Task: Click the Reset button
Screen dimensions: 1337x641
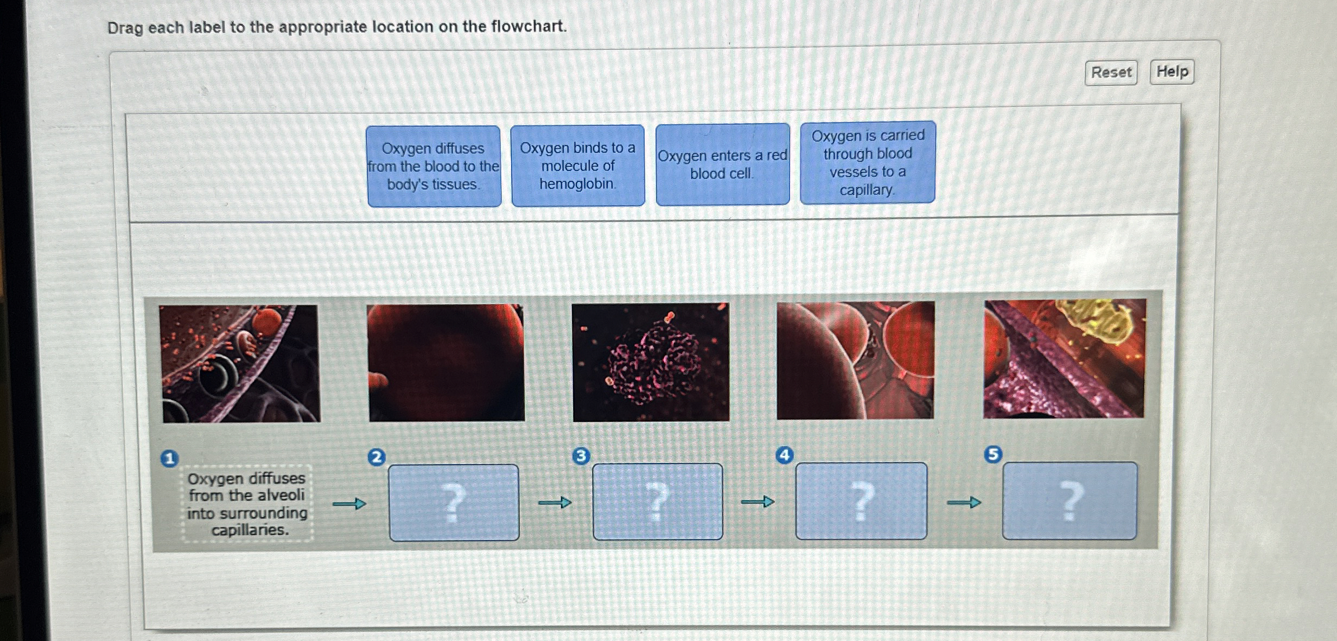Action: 1111,73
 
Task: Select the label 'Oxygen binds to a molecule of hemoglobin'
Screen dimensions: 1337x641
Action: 578,166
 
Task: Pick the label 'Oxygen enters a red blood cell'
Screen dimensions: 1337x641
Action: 722,164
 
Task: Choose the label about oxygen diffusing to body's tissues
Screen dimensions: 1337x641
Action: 434,166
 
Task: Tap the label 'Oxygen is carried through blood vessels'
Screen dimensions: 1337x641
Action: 867,162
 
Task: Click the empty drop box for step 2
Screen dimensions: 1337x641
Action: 454,502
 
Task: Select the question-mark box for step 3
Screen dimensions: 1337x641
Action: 657,502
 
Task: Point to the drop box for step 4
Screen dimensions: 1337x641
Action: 861,501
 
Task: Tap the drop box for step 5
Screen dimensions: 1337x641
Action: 1069,500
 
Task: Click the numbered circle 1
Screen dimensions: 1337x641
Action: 169,459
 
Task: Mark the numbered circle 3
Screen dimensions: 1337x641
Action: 581,456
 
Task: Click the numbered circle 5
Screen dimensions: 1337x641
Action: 993,454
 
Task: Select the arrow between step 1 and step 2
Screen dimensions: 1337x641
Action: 349,504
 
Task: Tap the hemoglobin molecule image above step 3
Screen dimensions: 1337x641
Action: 651,362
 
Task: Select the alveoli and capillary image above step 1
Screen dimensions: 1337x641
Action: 240,363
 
